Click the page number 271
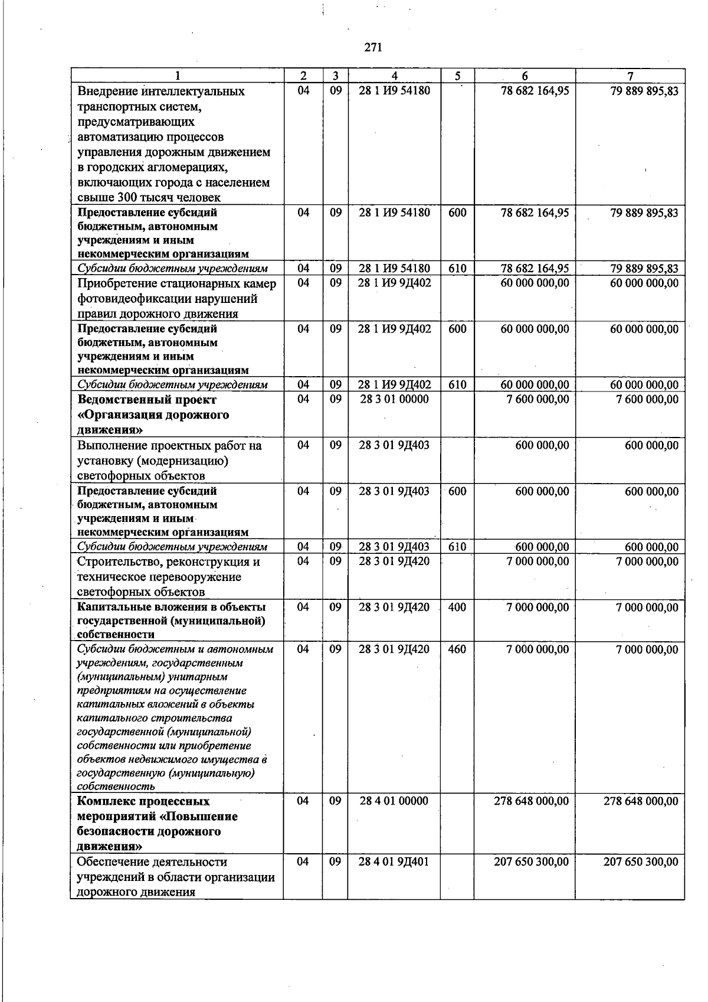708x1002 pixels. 372,48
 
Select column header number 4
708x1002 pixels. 394,76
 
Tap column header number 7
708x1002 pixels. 630,76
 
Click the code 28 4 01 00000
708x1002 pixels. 394,801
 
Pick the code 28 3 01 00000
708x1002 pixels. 394,399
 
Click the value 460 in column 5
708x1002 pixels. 457,649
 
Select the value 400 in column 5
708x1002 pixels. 457,607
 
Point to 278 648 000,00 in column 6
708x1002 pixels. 531,801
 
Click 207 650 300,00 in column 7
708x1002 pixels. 641,862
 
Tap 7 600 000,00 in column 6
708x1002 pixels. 537,399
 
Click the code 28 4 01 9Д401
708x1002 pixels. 394,862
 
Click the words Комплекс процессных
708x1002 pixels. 143,802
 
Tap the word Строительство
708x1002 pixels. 119,562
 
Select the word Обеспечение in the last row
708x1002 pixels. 112,862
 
